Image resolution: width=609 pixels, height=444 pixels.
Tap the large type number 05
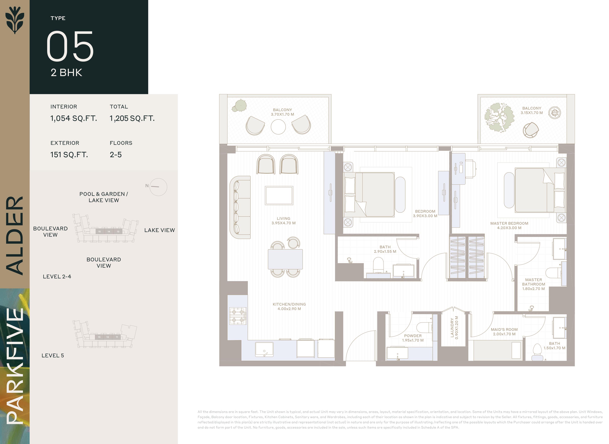point(70,46)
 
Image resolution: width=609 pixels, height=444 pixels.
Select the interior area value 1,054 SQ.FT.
point(74,118)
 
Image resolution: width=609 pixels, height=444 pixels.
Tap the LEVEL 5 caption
point(53,355)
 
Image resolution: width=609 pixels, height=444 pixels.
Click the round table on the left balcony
point(278,127)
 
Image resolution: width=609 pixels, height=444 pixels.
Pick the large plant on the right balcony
point(498,117)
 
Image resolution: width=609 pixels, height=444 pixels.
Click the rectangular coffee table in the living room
point(279,195)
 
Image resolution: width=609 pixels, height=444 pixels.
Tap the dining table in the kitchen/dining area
point(285,259)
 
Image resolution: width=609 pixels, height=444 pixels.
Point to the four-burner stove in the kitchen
point(238,316)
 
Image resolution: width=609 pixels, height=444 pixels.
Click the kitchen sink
point(264,349)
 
